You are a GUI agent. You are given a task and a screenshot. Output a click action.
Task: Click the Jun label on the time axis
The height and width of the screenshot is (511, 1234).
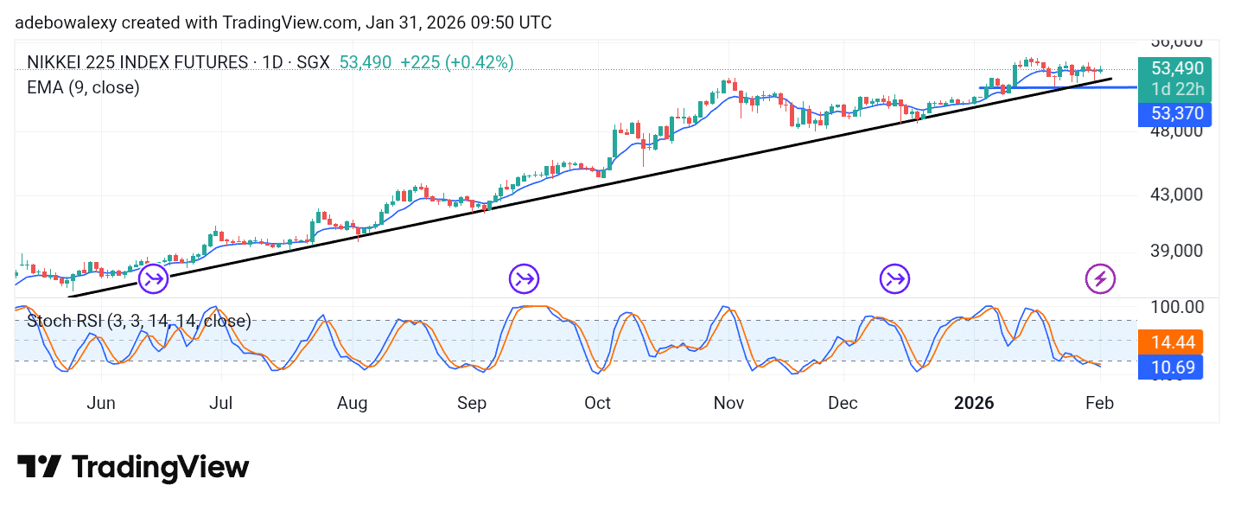pyautogui.click(x=101, y=403)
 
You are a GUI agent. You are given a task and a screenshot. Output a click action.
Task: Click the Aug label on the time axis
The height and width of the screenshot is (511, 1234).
pyautogui.click(x=353, y=403)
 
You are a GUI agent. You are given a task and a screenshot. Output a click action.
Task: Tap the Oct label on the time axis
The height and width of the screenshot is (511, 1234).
pyautogui.click(x=597, y=403)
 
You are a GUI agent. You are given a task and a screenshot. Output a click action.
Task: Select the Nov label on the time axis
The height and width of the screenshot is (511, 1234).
pyautogui.click(x=729, y=403)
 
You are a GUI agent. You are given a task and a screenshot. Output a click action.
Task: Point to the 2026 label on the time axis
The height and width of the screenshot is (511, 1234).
pyautogui.click(x=974, y=403)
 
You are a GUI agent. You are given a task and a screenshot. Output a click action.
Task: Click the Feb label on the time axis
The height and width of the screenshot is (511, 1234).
pyautogui.click(x=1099, y=403)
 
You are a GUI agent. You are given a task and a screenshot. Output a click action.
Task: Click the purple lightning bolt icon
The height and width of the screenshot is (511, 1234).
pyautogui.click(x=1100, y=278)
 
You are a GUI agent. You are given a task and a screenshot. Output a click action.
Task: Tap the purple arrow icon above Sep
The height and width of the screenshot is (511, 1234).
pyautogui.click(x=524, y=278)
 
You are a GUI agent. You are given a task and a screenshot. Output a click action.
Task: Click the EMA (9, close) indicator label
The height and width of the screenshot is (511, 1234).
pyautogui.click(x=83, y=87)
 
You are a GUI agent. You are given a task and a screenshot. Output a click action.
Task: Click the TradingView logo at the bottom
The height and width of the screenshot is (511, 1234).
pyautogui.click(x=133, y=468)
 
